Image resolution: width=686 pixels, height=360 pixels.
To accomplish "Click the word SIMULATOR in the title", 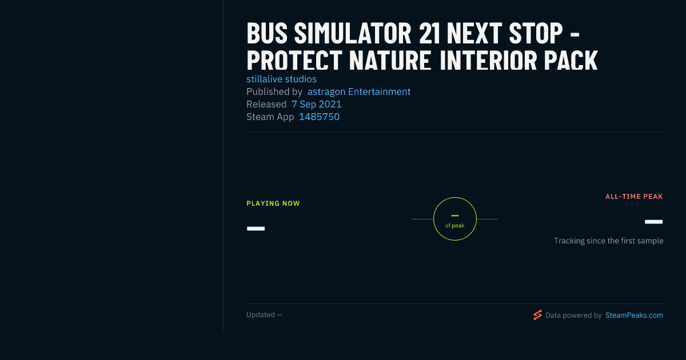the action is (x=353, y=33).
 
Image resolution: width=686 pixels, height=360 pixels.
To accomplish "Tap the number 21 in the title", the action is (x=430, y=33).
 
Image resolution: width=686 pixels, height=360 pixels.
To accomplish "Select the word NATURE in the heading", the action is (x=390, y=60).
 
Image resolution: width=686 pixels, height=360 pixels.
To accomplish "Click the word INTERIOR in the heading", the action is (x=488, y=60).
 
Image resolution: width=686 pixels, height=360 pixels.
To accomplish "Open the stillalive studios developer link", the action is (x=281, y=79).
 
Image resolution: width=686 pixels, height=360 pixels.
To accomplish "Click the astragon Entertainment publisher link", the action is (x=359, y=91).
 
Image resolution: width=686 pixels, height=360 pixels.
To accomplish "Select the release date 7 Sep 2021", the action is (x=316, y=104).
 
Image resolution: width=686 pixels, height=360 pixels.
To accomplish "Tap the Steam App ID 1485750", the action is (x=319, y=117).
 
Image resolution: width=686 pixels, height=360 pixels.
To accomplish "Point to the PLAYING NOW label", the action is (x=273, y=203).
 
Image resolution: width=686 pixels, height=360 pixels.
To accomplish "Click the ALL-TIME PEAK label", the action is (x=634, y=197).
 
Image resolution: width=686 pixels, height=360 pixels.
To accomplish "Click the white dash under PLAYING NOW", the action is (x=256, y=229).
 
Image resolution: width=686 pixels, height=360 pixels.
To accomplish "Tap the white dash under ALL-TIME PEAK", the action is (x=653, y=222).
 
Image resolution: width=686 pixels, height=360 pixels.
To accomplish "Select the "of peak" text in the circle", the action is (x=454, y=226).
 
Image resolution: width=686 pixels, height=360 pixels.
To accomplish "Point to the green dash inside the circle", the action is (x=455, y=216).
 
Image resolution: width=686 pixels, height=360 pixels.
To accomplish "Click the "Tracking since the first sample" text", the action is (x=608, y=241).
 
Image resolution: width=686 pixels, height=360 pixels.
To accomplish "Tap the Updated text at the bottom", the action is (x=264, y=315).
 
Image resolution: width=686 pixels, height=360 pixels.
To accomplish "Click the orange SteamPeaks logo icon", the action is (x=537, y=315).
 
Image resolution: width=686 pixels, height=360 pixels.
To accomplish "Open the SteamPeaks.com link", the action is (x=634, y=315).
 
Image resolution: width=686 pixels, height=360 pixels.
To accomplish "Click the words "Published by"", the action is (x=274, y=91).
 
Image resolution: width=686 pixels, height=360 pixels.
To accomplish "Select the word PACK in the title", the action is (x=571, y=60).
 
